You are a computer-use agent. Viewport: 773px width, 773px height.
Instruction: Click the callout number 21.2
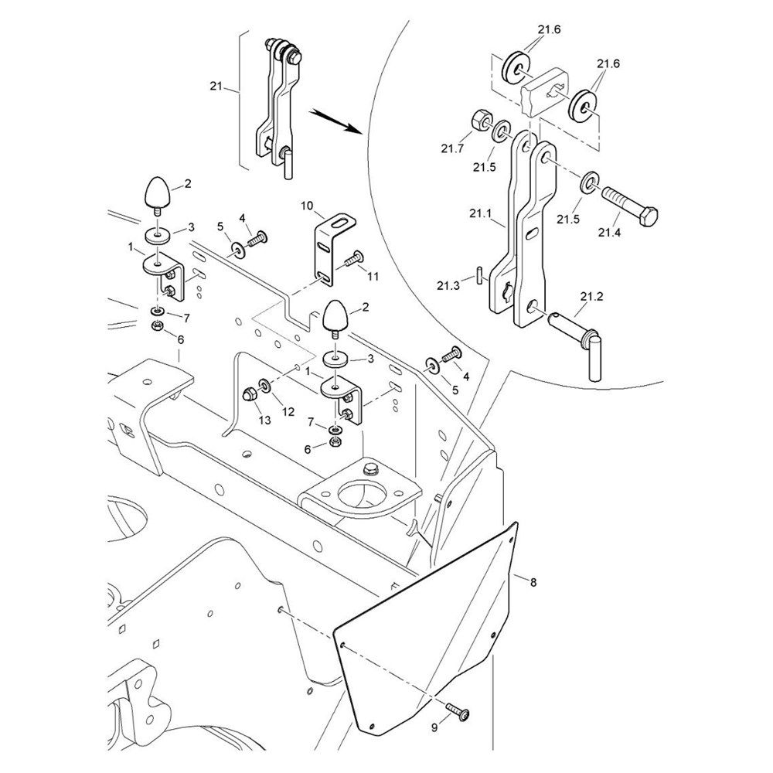coord(591,297)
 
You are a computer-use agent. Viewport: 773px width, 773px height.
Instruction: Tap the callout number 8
coord(533,581)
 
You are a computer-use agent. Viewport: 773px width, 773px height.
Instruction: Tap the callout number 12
coord(288,412)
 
